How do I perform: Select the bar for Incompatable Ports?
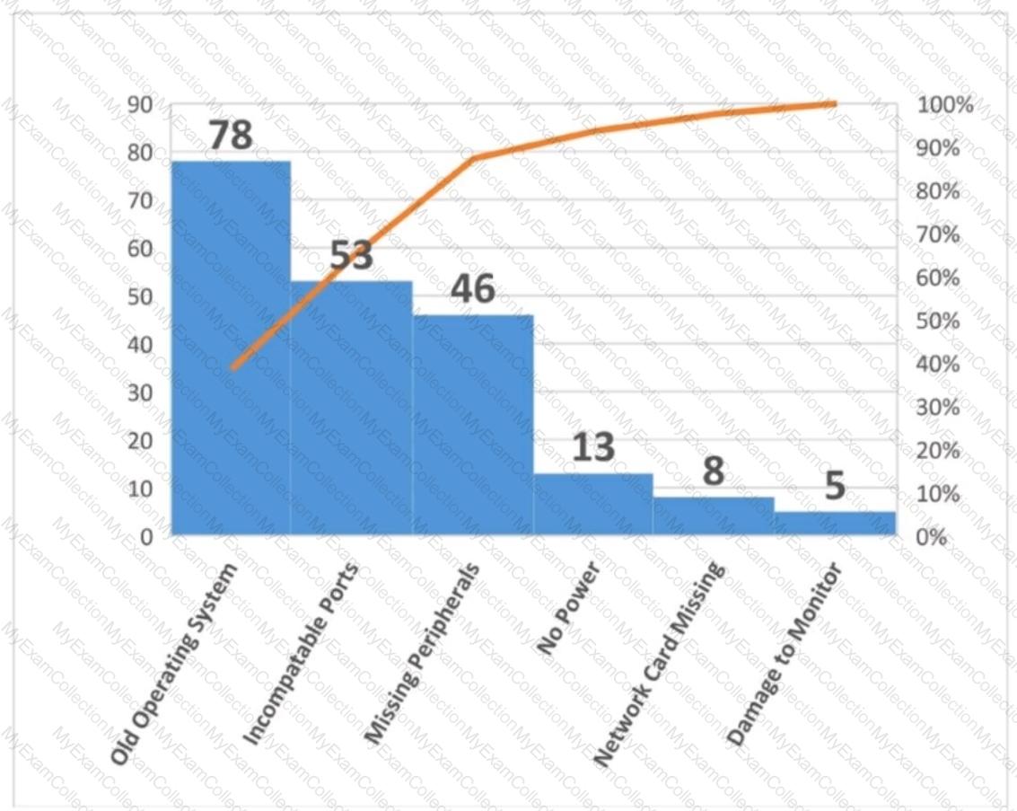click(351, 409)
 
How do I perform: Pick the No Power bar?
click(593, 505)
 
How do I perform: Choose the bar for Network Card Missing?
click(714, 516)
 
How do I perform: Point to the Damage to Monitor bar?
click(835, 524)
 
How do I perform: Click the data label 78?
click(231, 136)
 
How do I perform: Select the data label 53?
click(351, 256)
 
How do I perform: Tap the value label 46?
click(472, 289)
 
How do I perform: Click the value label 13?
click(593, 446)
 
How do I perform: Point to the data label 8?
click(714, 472)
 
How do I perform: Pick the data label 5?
click(835, 486)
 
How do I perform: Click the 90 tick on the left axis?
click(139, 105)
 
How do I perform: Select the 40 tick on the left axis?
click(139, 344)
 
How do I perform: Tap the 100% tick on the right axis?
click(946, 105)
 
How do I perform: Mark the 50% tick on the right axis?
click(940, 321)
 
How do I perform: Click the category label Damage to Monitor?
click(785, 654)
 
